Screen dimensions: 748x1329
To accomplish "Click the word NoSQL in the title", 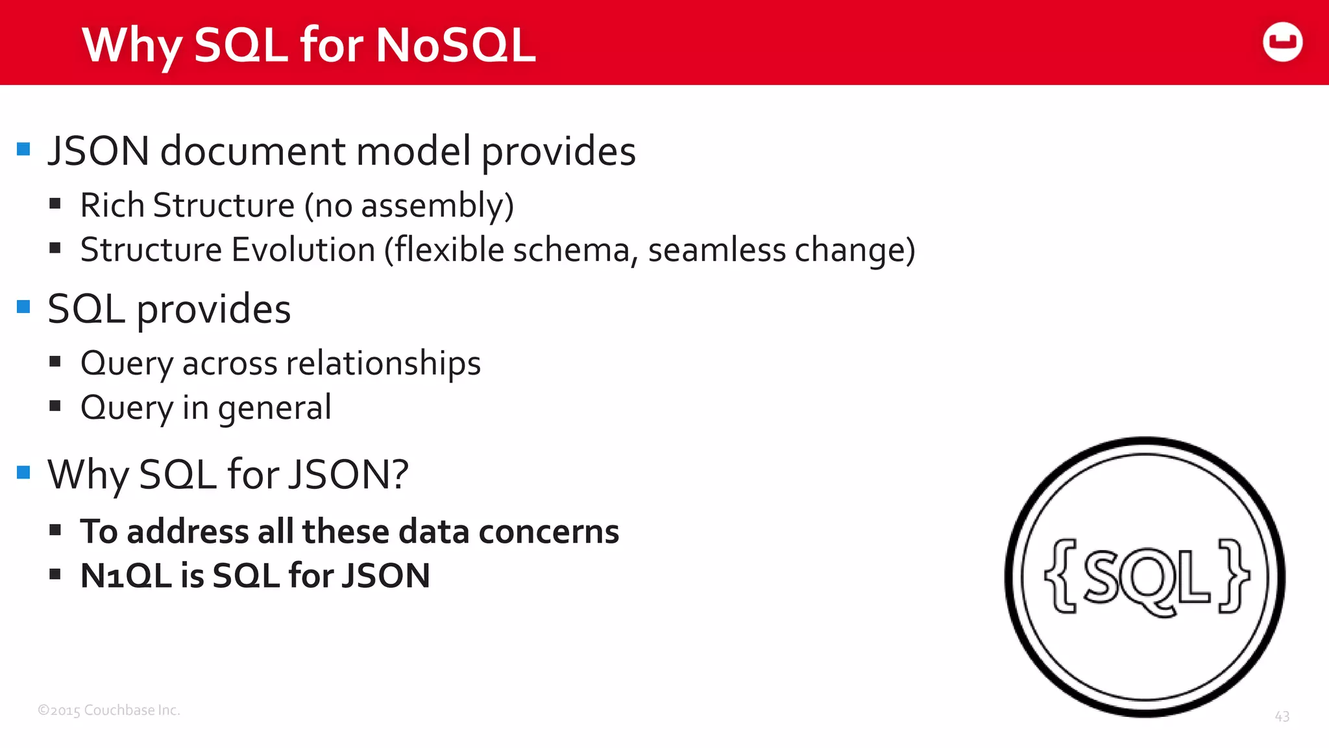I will (456, 45).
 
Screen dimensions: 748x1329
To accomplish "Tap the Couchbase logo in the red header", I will (1282, 42).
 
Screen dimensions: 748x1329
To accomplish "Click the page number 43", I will (1282, 716).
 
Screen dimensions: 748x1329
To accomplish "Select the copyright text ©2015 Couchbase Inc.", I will (108, 710).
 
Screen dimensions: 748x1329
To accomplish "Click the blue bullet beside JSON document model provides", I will (24, 149).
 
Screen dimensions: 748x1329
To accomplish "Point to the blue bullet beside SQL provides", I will (24, 306).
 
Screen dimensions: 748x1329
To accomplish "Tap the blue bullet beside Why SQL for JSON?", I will (24, 472).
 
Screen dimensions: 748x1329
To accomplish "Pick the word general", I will (274, 408).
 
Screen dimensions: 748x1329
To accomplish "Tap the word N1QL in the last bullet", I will (127, 575).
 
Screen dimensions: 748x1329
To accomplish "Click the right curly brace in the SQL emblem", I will (1233, 575).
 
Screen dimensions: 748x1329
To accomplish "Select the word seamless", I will (716, 250).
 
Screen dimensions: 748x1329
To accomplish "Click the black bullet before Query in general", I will (55, 406).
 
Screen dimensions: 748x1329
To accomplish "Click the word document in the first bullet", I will (253, 151).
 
